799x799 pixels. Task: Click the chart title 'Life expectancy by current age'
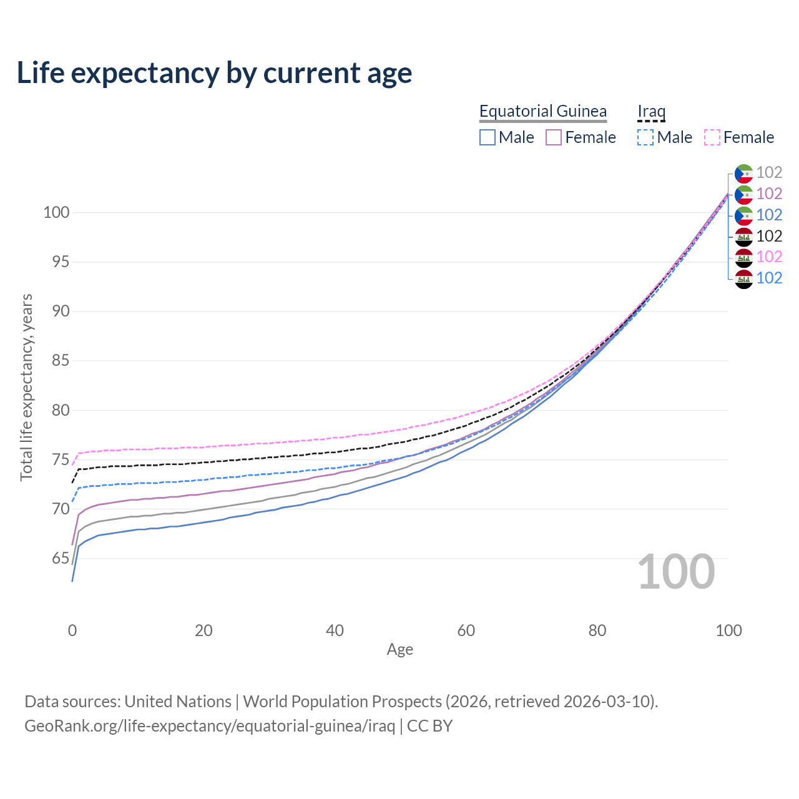214,73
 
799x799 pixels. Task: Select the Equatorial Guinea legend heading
542,111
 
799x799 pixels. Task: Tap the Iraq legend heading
651,111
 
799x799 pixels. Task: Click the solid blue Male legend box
488,137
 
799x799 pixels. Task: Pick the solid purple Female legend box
554,137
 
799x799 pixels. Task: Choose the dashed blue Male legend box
645,137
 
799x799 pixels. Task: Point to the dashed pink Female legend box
712,137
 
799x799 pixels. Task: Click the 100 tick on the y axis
56,212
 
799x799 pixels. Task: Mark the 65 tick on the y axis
61,558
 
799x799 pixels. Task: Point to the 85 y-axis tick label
61,360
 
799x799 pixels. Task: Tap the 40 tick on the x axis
335,630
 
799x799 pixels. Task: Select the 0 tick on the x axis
72,630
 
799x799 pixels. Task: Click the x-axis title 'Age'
399,650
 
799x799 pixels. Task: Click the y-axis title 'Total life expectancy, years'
26,387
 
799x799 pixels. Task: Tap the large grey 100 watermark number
676,572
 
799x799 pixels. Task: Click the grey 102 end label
769,172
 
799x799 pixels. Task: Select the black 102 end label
769,236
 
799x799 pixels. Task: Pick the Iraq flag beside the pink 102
743,257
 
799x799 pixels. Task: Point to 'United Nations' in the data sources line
178,702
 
